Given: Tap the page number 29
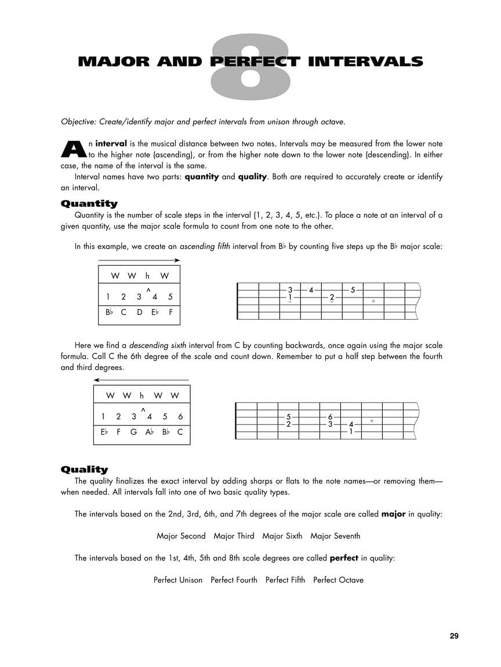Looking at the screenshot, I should [x=454, y=636].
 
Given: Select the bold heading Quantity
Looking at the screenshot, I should [x=89, y=204].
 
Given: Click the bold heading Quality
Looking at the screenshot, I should [x=84, y=470].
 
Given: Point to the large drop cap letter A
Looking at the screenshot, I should [x=73, y=149].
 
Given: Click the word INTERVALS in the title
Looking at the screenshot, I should [x=365, y=61].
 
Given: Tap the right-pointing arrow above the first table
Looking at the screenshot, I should [x=139, y=261].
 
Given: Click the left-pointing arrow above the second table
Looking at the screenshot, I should [x=141, y=380].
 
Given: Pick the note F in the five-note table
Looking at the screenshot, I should [x=170, y=312].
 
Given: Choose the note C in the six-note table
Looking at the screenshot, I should [x=180, y=431].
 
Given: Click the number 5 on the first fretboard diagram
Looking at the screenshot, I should [x=353, y=289].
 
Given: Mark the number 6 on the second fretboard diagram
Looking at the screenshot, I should [x=330, y=417].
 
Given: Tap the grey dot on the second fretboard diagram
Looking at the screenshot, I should [x=372, y=421].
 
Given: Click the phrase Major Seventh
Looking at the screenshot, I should [x=335, y=536].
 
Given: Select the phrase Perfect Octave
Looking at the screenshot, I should [x=338, y=580].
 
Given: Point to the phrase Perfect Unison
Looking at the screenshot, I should [x=178, y=580].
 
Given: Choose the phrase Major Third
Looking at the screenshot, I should [x=234, y=536].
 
